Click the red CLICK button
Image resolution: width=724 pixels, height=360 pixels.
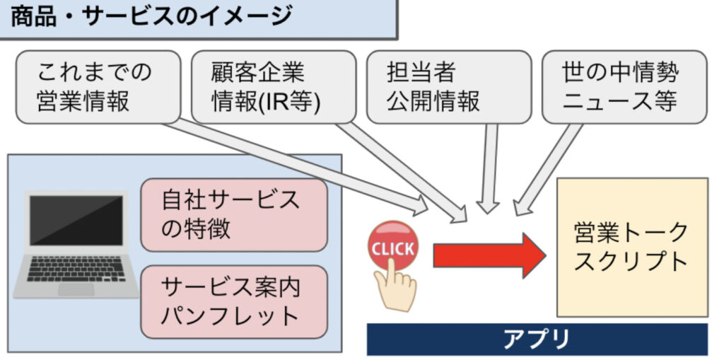click(393, 246)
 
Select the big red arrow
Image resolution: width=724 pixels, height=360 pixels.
click(489, 255)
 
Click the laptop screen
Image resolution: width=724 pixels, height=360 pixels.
click(76, 220)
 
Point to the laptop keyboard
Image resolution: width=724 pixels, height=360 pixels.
click(76, 269)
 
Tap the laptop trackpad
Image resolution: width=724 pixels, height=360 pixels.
click(76, 290)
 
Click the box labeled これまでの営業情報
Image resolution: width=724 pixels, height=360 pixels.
click(98, 87)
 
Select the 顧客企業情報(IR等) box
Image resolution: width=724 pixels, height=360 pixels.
click(274, 87)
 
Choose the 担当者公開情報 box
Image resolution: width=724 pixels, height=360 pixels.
click(449, 87)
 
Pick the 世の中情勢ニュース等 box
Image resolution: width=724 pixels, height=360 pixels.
click(624, 87)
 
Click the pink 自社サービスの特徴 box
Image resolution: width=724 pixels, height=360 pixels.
click(234, 215)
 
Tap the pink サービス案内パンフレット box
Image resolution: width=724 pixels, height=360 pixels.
click(234, 302)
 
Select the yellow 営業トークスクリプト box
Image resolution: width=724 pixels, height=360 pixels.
click(632, 248)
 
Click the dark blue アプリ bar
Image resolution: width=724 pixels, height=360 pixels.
click(537, 339)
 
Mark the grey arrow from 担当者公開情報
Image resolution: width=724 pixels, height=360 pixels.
click(489, 168)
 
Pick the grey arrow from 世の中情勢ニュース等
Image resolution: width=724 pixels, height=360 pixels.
click(547, 170)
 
